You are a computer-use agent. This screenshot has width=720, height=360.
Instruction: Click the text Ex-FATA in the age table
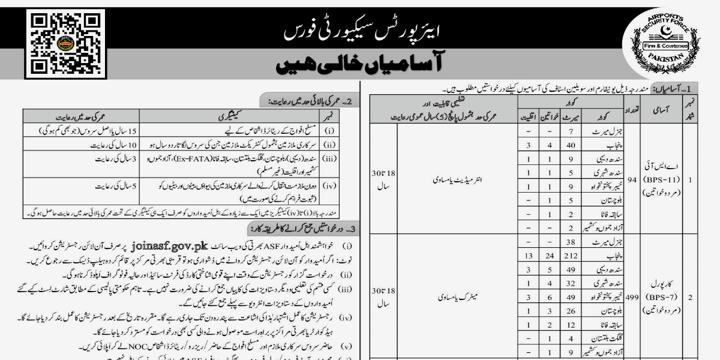point(196,157)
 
